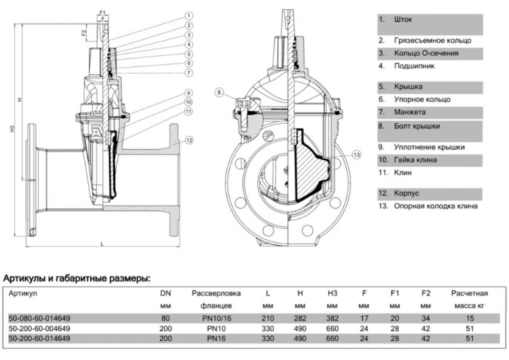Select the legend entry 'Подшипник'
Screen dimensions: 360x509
pos(414,65)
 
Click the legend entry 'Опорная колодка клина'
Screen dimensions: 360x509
pos(433,206)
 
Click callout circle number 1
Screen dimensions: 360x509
pos(188,15)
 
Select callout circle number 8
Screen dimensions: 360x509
pos(220,92)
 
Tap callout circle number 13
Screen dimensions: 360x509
pos(356,154)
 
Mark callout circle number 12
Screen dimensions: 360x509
pos(188,140)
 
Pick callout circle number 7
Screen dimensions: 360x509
pos(188,73)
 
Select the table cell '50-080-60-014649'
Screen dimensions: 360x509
pos(39,318)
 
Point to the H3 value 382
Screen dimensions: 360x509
pos(332,318)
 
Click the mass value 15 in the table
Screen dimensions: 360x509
pos(469,318)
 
